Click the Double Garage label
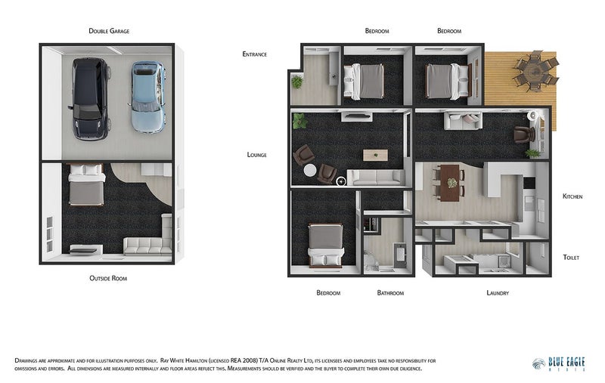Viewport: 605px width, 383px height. tap(109, 31)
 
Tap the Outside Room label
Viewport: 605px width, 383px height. tap(108, 278)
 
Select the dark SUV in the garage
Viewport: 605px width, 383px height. tap(89, 99)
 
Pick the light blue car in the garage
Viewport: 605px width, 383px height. tap(147, 97)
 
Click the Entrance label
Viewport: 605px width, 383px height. tap(254, 54)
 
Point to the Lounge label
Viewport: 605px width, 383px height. tap(256, 155)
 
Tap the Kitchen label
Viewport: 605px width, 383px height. tap(572, 196)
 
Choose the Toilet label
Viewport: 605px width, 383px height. tap(571, 258)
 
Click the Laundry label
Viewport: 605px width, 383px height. tap(498, 293)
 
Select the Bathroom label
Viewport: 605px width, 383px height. tap(390, 293)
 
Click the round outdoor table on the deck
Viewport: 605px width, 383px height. tap(535, 71)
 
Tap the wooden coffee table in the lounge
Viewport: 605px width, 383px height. tap(375, 156)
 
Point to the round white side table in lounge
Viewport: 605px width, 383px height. tap(310, 170)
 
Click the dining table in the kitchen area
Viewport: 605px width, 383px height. tap(450, 183)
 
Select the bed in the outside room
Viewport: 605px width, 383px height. tap(86, 184)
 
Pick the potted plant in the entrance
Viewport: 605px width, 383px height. tap(296, 82)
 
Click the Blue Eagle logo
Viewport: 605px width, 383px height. tap(559, 363)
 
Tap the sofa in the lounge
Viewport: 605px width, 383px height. tap(377, 178)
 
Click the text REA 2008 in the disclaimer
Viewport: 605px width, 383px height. tap(244, 361)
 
